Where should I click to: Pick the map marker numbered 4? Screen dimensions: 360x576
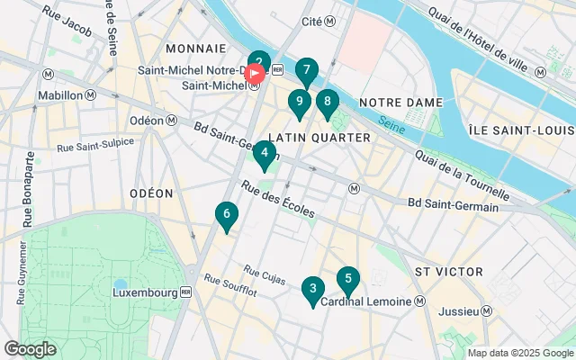click(x=264, y=154)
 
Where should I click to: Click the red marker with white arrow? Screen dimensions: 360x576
click(x=255, y=73)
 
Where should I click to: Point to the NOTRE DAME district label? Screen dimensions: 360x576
click(x=400, y=103)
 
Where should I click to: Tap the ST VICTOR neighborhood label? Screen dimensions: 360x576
click(x=448, y=271)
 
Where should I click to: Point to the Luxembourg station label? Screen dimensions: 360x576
click(x=149, y=292)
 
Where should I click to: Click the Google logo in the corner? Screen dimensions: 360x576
click(x=30, y=349)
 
